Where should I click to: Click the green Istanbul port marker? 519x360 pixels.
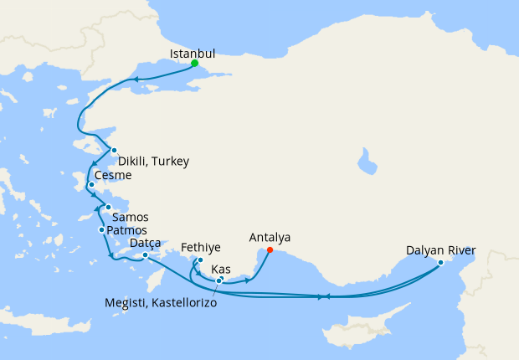click(x=194, y=64)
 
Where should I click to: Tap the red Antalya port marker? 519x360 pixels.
click(x=270, y=249)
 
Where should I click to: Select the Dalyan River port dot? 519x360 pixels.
click(x=440, y=263)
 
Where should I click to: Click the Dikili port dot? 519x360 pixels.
click(x=115, y=151)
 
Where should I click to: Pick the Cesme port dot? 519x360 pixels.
click(x=91, y=186)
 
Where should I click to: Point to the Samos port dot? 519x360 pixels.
click(x=108, y=208)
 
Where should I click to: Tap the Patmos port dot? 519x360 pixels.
click(x=101, y=229)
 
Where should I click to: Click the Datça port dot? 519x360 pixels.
click(x=146, y=255)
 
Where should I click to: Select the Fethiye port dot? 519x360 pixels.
click(x=200, y=260)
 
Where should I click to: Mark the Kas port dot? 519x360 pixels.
click(x=219, y=280)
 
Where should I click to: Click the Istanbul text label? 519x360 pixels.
click(x=193, y=53)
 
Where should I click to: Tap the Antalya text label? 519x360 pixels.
click(x=270, y=237)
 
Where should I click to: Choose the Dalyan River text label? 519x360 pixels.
click(x=440, y=250)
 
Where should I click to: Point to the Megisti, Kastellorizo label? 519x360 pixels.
click(x=161, y=302)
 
